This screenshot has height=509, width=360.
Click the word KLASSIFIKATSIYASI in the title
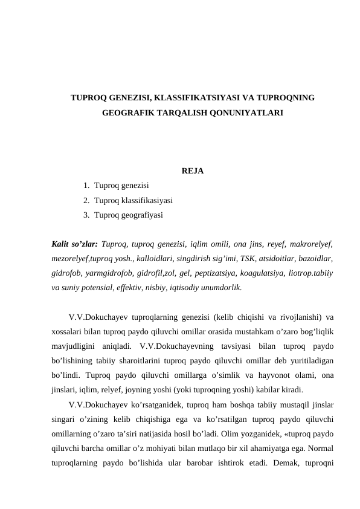tap(194, 97)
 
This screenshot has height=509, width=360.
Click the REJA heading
tap(192, 171)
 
